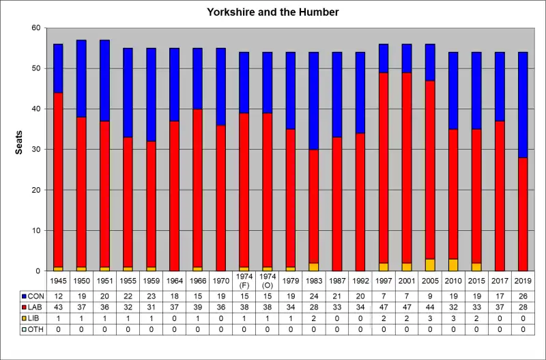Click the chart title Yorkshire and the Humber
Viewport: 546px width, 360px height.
tap(272, 12)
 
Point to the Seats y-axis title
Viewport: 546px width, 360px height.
tap(20, 143)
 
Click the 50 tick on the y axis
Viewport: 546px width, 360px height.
tap(35, 69)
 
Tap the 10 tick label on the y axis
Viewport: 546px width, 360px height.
tap(35, 231)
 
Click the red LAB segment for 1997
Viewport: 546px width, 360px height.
tap(383, 167)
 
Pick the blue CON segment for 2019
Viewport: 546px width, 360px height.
tap(522, 105)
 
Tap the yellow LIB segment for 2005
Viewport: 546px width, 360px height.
tap(429, 265)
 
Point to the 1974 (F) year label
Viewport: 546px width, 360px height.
tap(244, 280)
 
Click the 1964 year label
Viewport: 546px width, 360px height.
tap(174, 280)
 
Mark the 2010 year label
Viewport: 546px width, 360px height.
tap(452, 280)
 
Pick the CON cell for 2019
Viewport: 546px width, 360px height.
tap(522, 296)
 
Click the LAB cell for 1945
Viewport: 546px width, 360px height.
tap(58, 307)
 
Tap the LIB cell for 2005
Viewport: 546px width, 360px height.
tap(429, 318)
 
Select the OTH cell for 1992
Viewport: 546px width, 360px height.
tap(360, 330)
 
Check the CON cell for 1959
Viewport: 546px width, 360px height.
tap(151, 296)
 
